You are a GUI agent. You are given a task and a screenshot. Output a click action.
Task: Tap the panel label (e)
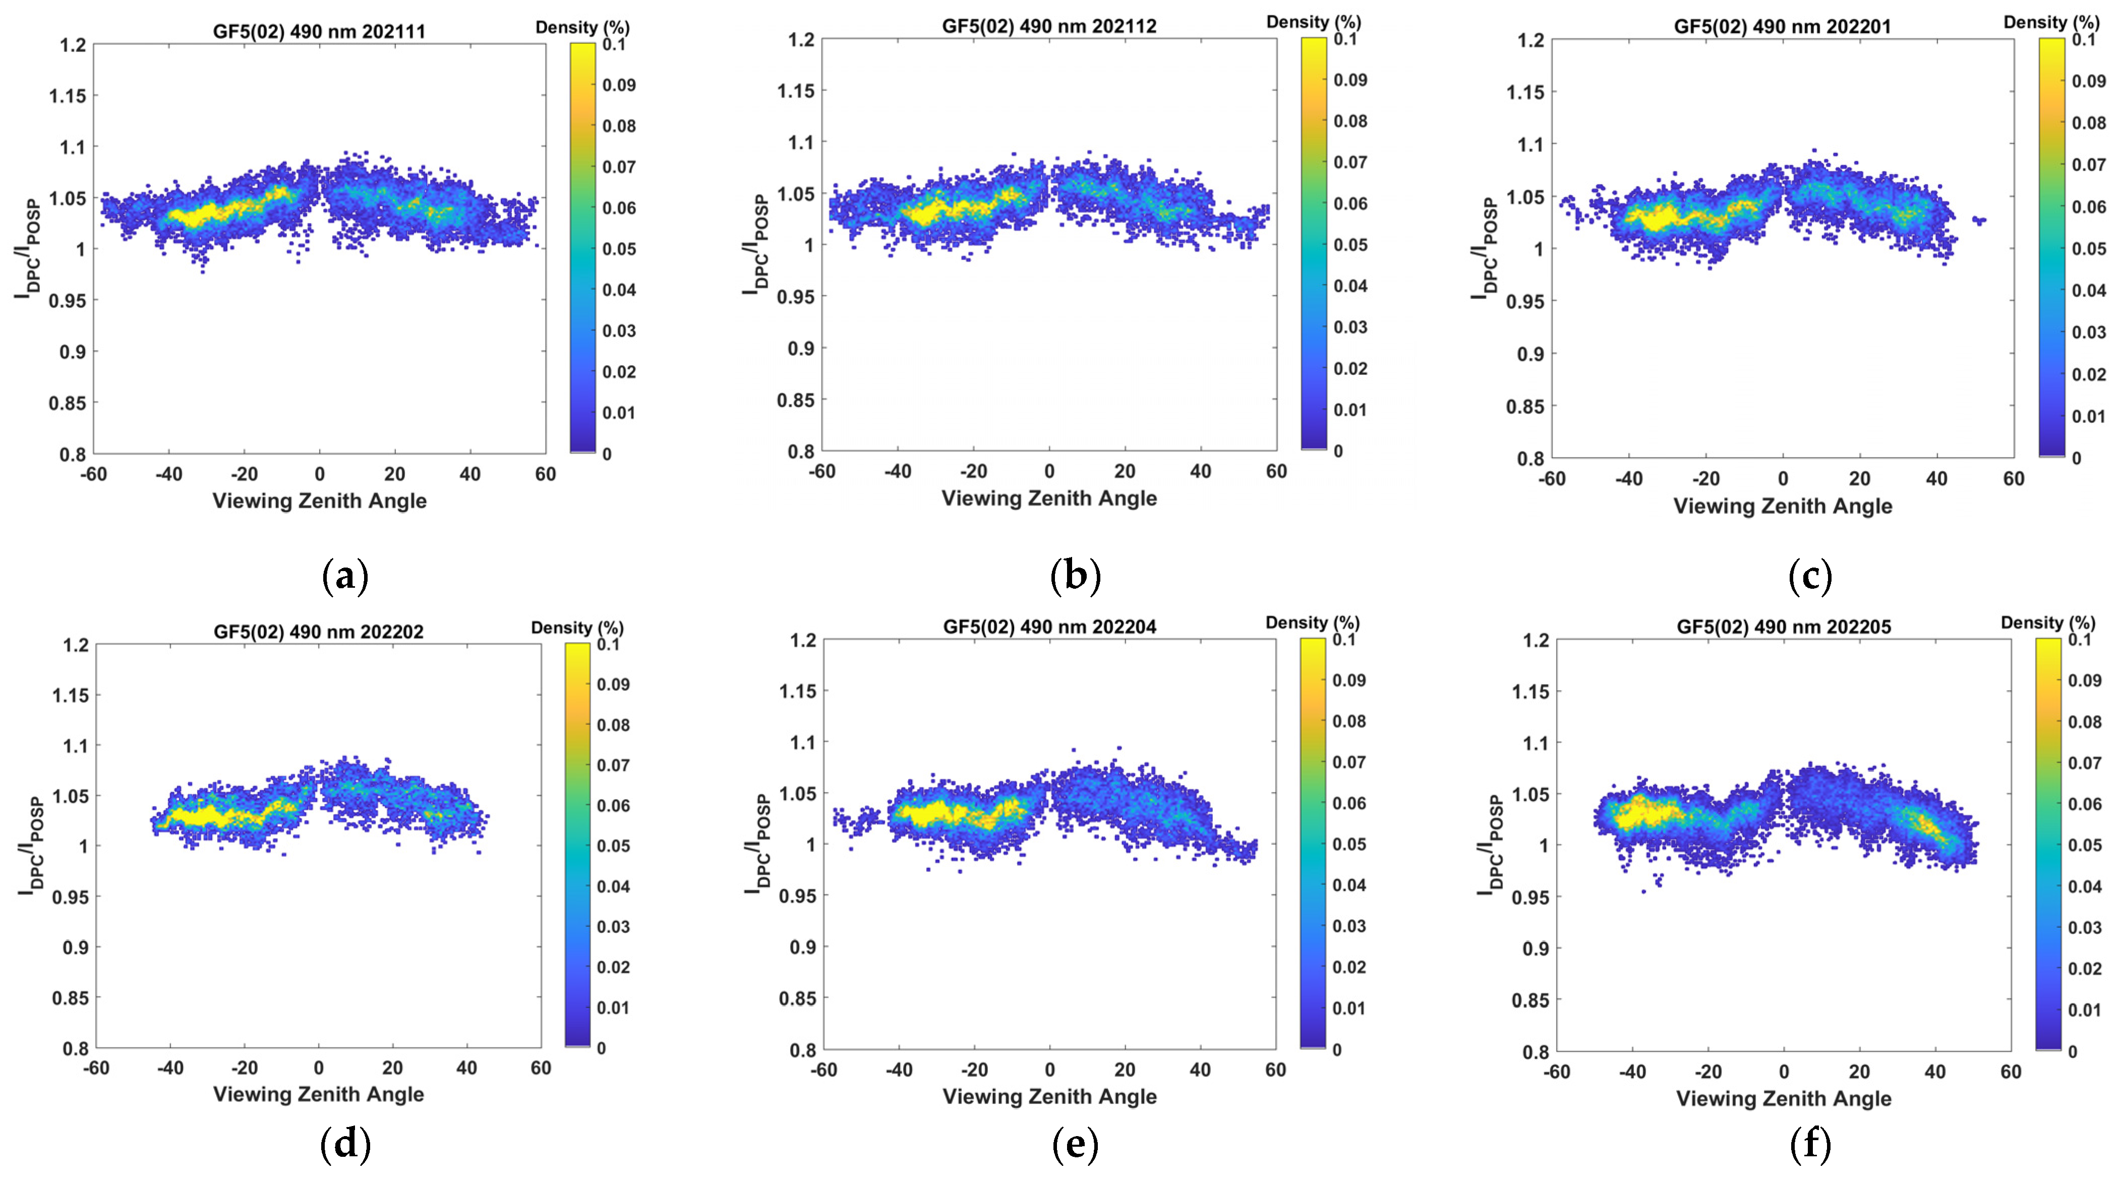click(x=1075, y=1145)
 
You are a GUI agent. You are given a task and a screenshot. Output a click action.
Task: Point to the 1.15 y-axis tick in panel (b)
click(x=796, y=91)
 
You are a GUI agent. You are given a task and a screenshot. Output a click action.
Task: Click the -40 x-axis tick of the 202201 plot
click(x=1629, y=479)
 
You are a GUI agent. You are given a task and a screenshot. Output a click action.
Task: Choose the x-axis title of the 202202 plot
click(x=319, y=1094)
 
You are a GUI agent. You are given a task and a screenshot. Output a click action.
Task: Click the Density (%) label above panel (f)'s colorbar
click(x=2048, y=623)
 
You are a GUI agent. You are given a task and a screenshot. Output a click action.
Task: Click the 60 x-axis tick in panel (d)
click(x=541, y=1068)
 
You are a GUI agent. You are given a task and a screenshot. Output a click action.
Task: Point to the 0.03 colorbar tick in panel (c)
click(x=2089, y=332)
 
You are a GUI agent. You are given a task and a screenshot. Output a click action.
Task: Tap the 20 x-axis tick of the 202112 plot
click(x=1125, y=471)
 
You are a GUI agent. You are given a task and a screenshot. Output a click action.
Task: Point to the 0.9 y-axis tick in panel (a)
click(x=73, y=352)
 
